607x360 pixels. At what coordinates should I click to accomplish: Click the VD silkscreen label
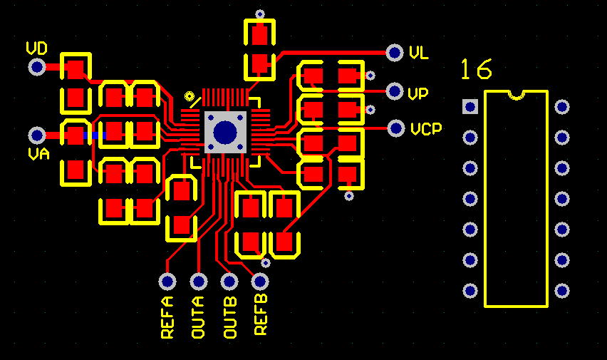37,48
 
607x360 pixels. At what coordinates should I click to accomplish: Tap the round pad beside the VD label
37,67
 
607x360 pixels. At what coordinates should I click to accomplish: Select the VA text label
38,154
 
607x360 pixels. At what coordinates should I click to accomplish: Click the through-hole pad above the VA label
37,135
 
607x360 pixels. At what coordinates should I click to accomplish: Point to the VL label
418,53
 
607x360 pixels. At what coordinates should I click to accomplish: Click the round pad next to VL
395,52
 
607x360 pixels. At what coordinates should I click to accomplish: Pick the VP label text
418,93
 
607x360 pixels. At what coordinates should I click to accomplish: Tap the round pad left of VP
395,91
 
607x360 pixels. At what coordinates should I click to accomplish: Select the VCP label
426,128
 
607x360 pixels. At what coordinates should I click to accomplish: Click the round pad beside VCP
396,128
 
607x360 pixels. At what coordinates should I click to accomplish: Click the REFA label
167,317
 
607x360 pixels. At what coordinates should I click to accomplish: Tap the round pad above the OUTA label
199,282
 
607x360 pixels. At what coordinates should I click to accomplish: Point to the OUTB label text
230,317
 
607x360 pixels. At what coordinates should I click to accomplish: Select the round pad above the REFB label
260,282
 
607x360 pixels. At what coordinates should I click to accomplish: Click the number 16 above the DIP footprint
477,69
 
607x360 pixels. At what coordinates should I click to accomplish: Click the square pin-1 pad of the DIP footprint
470,106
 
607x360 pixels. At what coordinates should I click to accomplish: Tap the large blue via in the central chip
225,132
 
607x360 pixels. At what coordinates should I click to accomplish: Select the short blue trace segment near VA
95,135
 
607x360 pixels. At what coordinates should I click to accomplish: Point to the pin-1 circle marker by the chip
190,96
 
